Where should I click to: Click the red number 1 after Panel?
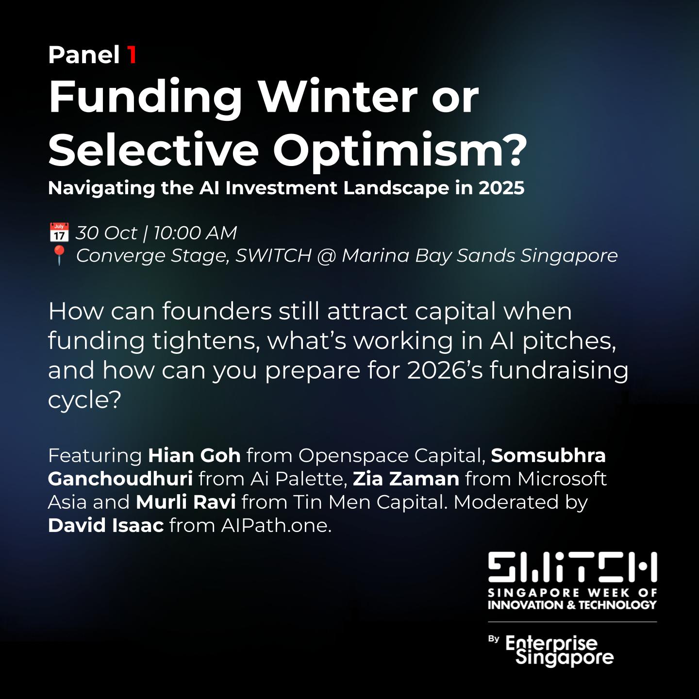point(132,55)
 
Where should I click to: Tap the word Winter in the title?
point(338,97)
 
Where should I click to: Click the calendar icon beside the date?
point(59,233)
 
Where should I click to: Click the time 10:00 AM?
point(195,233)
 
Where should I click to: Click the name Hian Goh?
point(195,456)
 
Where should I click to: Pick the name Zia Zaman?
point(406,479)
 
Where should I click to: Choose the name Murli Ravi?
point(186,502)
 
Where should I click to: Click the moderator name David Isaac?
point(106,525)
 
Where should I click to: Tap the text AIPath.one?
point(276,526)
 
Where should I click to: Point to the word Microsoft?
point(562,479)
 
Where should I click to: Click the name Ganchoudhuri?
point(120,479)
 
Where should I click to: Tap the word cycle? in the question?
point(84,400)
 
